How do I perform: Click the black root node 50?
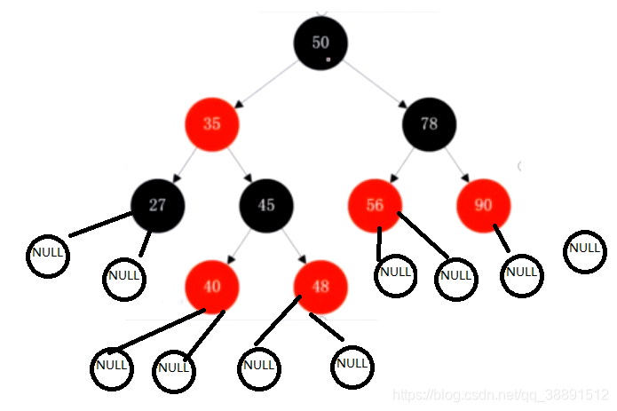tap(320, 42)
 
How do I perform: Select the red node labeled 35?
tap(212, 123)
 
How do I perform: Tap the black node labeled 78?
tap(430, 123)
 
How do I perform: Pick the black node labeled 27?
tap(157, 205)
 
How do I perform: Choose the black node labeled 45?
tap(266, 205)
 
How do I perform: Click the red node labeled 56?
tap(375, 205)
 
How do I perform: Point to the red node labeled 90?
tap(483, 205)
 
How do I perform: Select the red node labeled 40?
tap(212, 286)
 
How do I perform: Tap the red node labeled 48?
tap(320, 286)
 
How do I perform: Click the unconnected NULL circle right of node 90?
tap(584, 249)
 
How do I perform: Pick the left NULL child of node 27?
tap(47, 255)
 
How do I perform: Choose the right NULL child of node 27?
tap(124, 277)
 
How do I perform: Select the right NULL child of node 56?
tap(455, 277)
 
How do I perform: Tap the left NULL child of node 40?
tap(112, 367)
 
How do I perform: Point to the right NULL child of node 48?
tap(352, 365)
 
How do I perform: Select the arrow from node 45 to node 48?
tap(294, 245)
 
